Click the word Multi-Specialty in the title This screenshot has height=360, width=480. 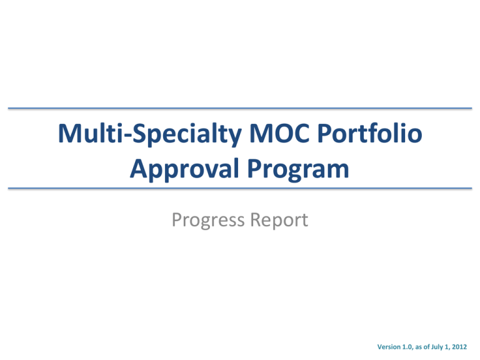pyautogui.click(x=150, y=134)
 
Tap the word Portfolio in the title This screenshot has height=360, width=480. pyautogui.click(x=370, y=133)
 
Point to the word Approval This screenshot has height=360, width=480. pyautogui.click(x=184, y=169)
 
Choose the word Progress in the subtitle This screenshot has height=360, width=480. pyautogui.click(x=208, y=221)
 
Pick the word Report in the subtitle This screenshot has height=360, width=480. pyautogui.click(x=279, y=220)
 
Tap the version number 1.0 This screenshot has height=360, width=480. pyautogui.click(x=407, y=347)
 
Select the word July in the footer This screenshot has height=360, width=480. pyautogui.click(x=437, y=347)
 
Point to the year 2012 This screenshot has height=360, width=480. pyautogui.click(x=459, y=347)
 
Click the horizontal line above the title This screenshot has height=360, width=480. pyautogui.click(x=240, y=108)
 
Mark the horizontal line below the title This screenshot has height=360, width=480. pyautogui.click(x=240, y=188)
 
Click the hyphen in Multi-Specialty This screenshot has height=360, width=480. pyautogui.click(x=127, y=135)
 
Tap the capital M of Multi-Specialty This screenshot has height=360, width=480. pyautogui.click(x=69, y=133)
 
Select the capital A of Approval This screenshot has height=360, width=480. pyautogui.click(x=139, y=168)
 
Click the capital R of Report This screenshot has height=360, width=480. pyautogui.click(x=256, y=219)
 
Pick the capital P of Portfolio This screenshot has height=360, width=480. pyautogui.click(x=324, y=133)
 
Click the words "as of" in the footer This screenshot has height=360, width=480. pyautogui.click(x=422, y=347)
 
